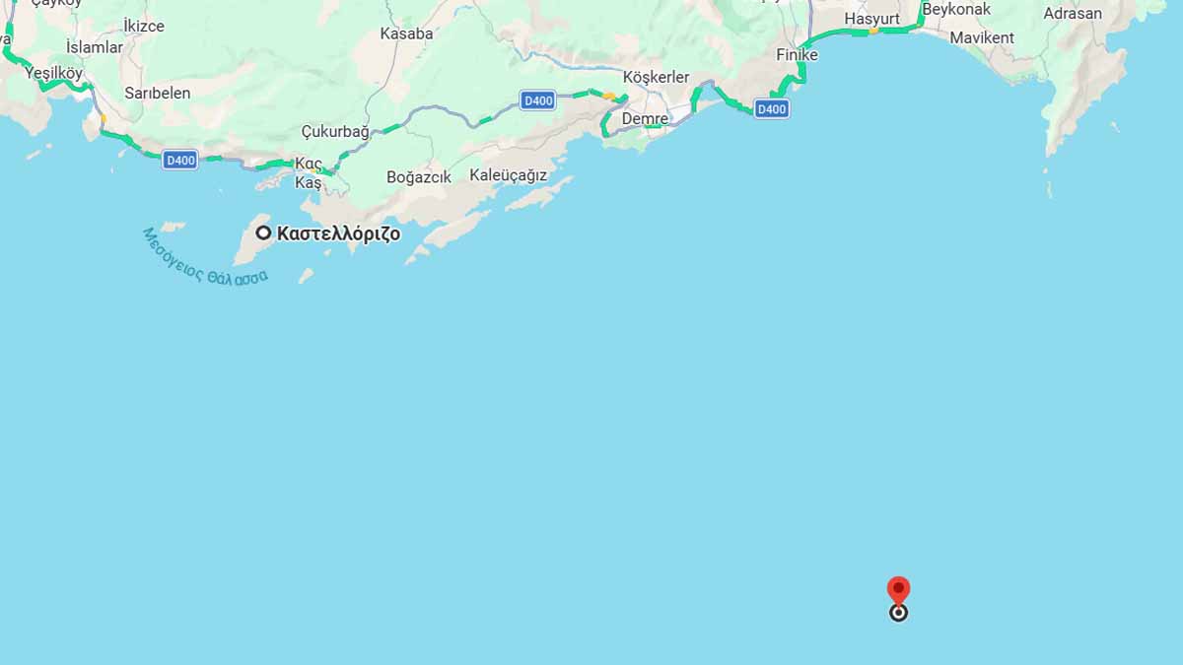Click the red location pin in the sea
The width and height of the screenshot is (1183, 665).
[898, 591]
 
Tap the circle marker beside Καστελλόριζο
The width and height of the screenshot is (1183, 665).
[263, 233]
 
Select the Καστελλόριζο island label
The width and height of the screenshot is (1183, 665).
[338, 234]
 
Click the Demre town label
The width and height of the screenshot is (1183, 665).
[645, 119]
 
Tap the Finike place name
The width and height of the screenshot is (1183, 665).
[797, 55]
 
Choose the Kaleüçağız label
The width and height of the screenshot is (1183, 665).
[508, 175]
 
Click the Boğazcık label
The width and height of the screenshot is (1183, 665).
[419, 177]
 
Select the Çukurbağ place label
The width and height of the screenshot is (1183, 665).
[335, 132]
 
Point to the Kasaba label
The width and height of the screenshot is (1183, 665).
[406, 33]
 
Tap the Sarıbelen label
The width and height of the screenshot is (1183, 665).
[158, 93]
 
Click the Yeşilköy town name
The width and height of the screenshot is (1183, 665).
[54, 72]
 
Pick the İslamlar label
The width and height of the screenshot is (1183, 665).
[95, 47]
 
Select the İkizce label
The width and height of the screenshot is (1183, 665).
[144, 26]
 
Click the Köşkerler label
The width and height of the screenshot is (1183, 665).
[657, 78]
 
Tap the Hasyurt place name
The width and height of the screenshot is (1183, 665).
[873, 19]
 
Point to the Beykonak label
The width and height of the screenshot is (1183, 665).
[956, 9]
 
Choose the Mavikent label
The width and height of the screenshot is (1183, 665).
[982, 37]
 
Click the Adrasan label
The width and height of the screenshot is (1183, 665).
[1073, 14]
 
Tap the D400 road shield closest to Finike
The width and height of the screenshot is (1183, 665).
[771, 109]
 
